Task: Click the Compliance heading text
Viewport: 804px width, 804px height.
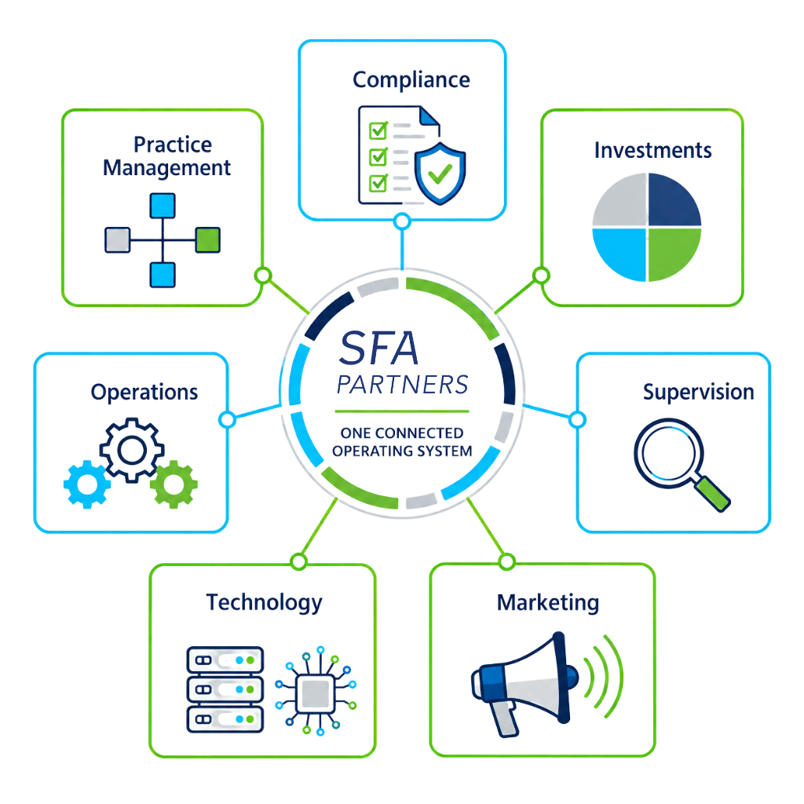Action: [411, 81]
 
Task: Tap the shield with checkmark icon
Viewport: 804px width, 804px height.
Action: [440, 174]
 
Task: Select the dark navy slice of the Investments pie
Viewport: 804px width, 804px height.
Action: [674, 199]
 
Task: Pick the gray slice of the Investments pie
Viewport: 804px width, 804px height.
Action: [619, 199]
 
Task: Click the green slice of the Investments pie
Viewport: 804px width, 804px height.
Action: [674, 254]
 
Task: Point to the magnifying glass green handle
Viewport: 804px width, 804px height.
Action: [712, 494]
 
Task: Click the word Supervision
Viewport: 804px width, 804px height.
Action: [698, 393]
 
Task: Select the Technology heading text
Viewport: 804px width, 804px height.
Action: [264, 603]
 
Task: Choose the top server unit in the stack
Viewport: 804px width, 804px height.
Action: [225, 660]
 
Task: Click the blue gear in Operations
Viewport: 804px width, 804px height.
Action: [86, 484]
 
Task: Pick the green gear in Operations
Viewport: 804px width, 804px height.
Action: [174, 484]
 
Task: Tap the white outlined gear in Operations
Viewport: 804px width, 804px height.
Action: [132, 450]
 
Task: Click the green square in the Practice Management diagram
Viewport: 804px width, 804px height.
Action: [207, 240]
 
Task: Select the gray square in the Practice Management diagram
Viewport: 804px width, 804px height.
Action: [118, 240]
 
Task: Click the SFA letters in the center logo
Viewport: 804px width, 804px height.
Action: [378, 348]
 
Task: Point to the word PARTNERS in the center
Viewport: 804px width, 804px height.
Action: [403, 385]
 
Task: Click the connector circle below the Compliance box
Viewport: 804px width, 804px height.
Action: [403, 221]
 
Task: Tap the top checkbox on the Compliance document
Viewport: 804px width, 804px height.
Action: [378, 130]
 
